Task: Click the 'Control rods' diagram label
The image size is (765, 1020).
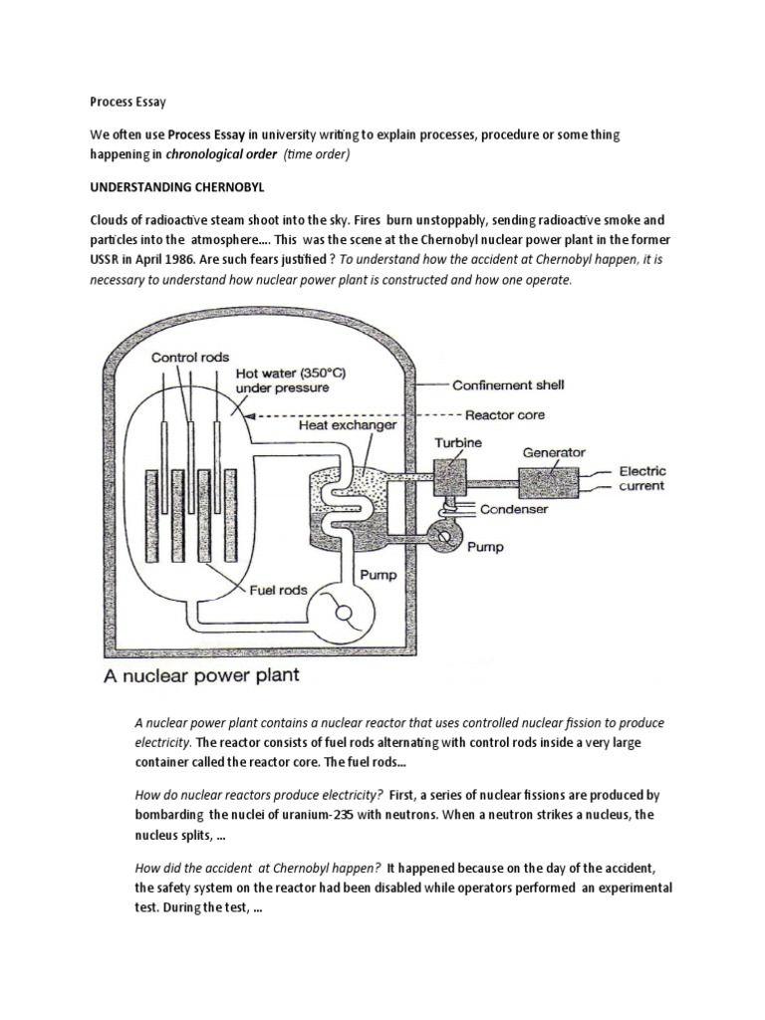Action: [x=192, y=356]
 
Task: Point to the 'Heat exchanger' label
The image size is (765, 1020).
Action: [x=349, y=425]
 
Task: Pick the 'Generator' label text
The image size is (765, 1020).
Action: [x=556, y=452]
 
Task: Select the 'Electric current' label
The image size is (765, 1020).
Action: [x=642, y=478]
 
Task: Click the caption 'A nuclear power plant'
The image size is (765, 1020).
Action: [x=206, y=677]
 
